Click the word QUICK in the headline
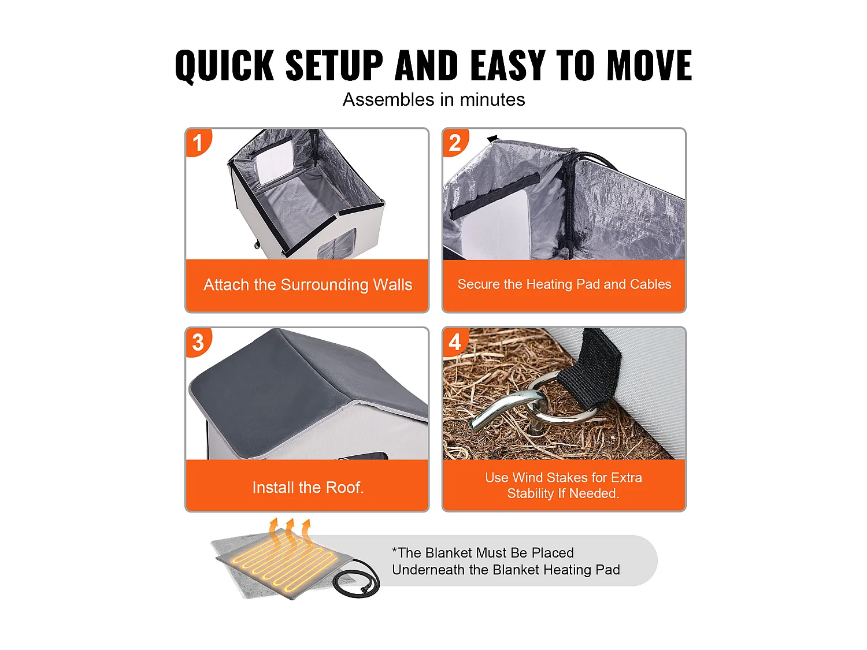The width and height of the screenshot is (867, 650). click(x=224, y=65)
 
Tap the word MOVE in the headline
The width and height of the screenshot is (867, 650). click(x=649, y=65)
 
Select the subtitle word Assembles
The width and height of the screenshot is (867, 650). click(x=388, y=99)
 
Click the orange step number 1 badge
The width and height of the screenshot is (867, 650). click(x=198, y=142)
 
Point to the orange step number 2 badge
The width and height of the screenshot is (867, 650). click(x=455, y=142)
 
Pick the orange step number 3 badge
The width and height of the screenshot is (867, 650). click(x=198, y=342)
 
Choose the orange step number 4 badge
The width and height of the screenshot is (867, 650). click(x=455, y=342)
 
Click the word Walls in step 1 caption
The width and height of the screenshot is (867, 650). click(x=392, y=284)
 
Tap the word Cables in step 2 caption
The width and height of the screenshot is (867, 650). click(x=651, y=284)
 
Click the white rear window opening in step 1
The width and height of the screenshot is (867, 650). click(x=273, y=163)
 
